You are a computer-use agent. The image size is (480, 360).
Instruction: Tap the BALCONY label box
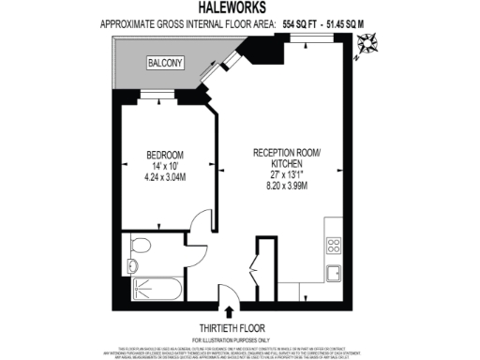165,63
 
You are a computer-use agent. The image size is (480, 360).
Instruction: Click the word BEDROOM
164,155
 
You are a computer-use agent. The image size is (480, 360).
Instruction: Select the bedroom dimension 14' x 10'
164,167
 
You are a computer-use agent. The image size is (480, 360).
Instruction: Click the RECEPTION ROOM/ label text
288,153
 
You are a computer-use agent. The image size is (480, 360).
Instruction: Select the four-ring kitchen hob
334,247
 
